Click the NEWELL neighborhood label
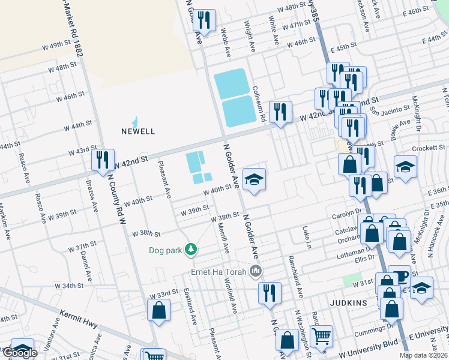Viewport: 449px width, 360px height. pyautogui.click(x=138, y=131)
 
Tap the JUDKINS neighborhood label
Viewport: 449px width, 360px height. pyautogui.click(x=348, y=303)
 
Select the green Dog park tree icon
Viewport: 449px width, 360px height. pyautogui.click(x=191, y=248)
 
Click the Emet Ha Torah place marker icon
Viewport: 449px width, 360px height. pyautogui.click(x=256, y=272)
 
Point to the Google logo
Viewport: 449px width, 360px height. pyautogui.click(x=19, y=353)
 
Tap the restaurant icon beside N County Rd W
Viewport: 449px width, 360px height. pyautogui.click(x=103, y=160)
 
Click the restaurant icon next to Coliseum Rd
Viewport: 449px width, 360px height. pyautogui.click(x=280, y=112)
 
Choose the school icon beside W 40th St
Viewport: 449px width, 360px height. pyautogui.click(x=254, y=179)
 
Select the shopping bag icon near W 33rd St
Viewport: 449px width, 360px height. pyautogui.click(x=158, y=310)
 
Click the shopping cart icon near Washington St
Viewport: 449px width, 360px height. pyautogui.click(x=322, y=336)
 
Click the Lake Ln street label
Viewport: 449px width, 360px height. pyautogui.click(x=307, y=238)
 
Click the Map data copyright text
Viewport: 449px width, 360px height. pyautogui.click(x=423, y=355)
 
